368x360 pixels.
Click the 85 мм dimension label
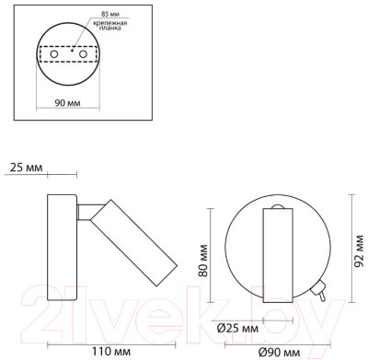click(110, 14)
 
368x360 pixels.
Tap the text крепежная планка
click(112, 26)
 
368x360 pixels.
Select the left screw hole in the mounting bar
click(54, 54)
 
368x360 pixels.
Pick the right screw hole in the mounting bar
click(83, 54)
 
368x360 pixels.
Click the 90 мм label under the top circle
click(67, 102)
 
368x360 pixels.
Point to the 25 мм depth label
click(26, 168)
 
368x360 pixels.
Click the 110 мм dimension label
click(111, 351)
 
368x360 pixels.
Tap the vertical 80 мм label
click(203, 261)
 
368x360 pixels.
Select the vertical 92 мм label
click(359, 250)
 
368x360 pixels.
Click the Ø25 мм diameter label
click(237, 329)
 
